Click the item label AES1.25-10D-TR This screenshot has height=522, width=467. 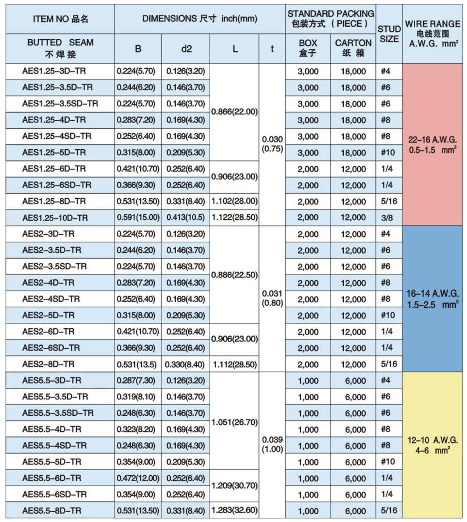point(55,218)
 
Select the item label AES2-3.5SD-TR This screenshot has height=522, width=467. point(55,267)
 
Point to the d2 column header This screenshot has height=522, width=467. point(186,49)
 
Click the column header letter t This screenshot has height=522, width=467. point(272,49)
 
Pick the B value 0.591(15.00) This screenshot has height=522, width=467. point(138,218)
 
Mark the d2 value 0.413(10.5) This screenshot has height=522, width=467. point(186,218)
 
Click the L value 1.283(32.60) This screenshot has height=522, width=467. point(234,510)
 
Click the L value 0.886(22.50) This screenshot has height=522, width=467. point(234,275)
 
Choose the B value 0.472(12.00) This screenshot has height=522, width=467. point(138,478)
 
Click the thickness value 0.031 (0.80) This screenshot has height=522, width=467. point(272,298)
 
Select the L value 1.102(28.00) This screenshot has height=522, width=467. point(234,202)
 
